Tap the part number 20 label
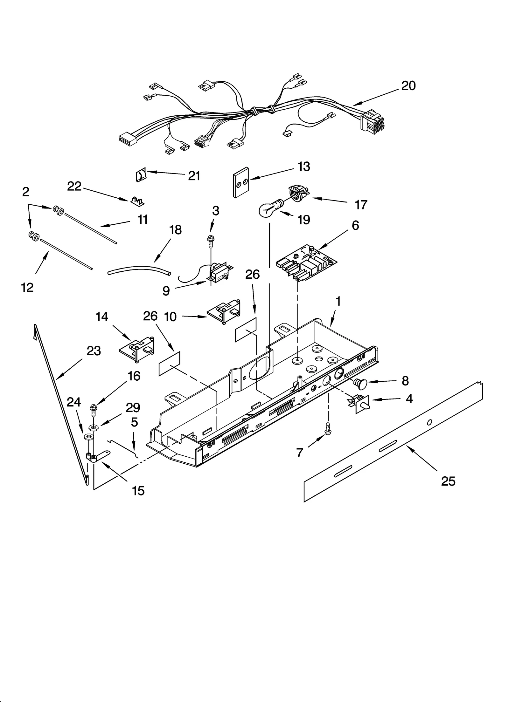tap(408, 86)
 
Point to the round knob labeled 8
tap(361, 384)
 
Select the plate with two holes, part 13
tap(241, 182)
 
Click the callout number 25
tap(448, 481)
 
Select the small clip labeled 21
tap(140, 175)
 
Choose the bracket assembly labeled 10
tap(224, 312)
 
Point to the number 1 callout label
tap(338, 301)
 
